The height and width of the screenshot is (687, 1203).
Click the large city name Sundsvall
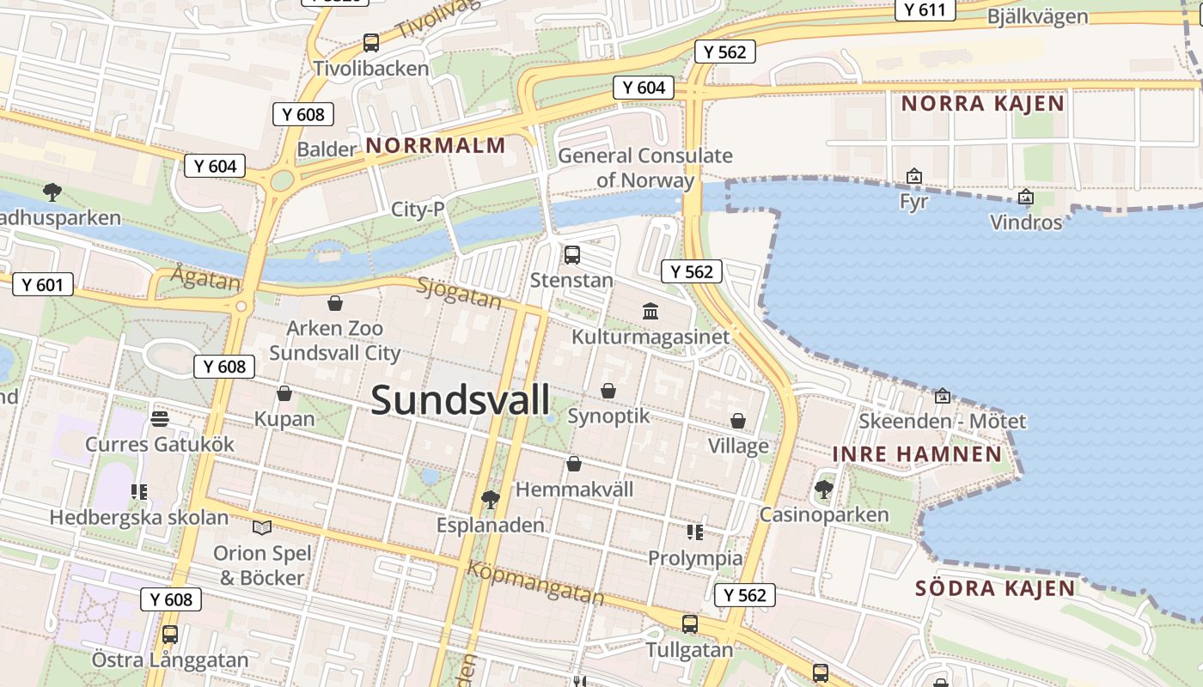point(461,400)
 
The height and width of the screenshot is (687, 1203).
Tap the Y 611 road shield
point(925,9)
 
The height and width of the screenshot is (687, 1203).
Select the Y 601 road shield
point(42,284)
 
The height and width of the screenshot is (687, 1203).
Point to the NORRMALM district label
point(436,145)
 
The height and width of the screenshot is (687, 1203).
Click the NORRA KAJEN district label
point(982,104)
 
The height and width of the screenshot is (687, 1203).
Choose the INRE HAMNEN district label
point(917,454)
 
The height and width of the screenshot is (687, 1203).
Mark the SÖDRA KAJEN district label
point(994,588)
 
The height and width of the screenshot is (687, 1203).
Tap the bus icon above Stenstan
point(572,255)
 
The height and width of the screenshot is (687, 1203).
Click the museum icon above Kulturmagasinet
point(650,310)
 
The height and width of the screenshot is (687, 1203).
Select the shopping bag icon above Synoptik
point(608,391)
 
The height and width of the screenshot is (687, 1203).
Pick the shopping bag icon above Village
point(738,421)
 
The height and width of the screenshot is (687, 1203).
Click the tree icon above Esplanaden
point(491,499)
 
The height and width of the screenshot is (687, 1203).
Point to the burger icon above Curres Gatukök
point(160,419)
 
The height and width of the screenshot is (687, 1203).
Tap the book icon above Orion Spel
point(262,526)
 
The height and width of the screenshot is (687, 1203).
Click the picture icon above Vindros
point(1025,198)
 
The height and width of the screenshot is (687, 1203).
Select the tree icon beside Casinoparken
point(823,489)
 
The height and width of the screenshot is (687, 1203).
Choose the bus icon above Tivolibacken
point(371,42)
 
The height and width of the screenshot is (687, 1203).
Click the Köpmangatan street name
point(535,581)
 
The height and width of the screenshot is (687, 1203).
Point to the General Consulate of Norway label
point(645,167)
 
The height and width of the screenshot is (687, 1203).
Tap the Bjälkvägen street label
point(1037,16)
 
